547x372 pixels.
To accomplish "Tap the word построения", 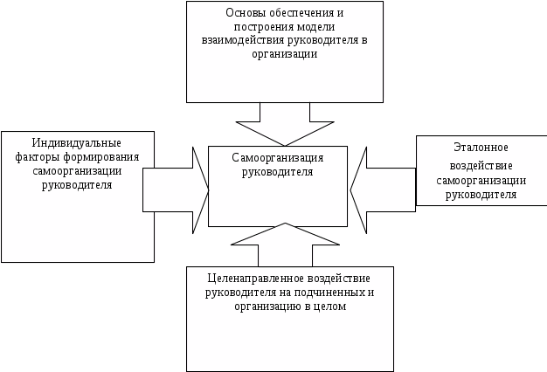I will (x=251, y=27).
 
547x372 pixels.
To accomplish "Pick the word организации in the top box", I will (x=285, y=54).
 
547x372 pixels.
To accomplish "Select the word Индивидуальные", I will (x=77, y=142).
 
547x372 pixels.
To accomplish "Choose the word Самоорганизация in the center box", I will (x=278, y=158).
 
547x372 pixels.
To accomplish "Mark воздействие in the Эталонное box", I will (x=481, y=166).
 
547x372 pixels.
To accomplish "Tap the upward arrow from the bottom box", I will (x=284, y=245).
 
